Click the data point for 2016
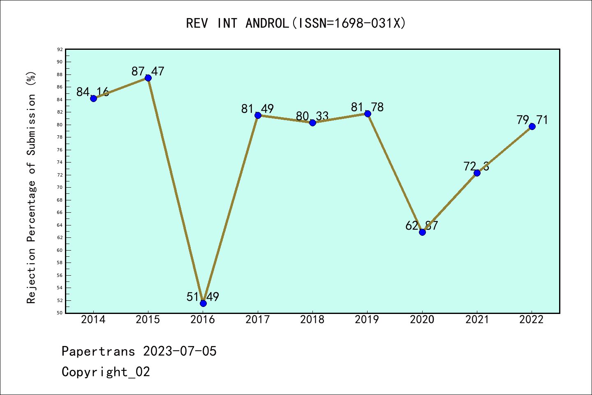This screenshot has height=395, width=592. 203,303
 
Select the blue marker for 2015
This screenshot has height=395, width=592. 148,78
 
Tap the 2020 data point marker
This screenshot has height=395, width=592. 422,232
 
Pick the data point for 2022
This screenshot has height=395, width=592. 532,126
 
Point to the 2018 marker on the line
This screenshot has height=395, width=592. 312,123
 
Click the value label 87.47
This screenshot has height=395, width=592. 148,72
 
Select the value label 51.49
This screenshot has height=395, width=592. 203,297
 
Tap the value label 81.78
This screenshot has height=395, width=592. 367,107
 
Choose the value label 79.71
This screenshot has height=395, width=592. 532,120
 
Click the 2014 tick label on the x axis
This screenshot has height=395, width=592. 93,320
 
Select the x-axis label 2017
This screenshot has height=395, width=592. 258,320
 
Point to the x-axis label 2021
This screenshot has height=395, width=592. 477,320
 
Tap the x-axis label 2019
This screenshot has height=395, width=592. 367,320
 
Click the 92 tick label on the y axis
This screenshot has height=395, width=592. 60,49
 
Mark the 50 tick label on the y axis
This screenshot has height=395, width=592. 60,313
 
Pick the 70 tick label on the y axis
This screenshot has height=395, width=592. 60,187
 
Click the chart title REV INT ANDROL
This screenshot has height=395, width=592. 296,23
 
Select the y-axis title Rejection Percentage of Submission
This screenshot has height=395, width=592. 32,187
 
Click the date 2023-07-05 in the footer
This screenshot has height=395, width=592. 180,351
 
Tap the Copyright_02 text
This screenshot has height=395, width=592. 106,372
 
